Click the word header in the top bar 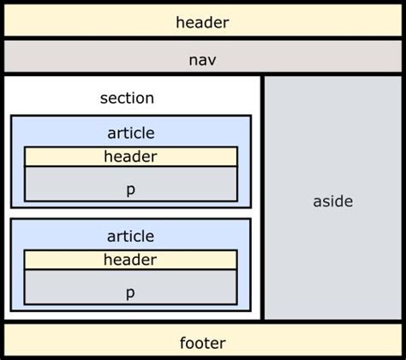coord(202,21)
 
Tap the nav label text coord(202,59)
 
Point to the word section coord(127,98)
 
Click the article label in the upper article coord(130,133)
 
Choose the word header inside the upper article coord(130,156)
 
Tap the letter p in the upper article coord(130,189)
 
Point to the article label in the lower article coord(130,236)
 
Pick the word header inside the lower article coord(130,260)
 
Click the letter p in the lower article coord(130,292)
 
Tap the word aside coord(332,201)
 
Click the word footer coord(202,343)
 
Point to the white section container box coord(51,96)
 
